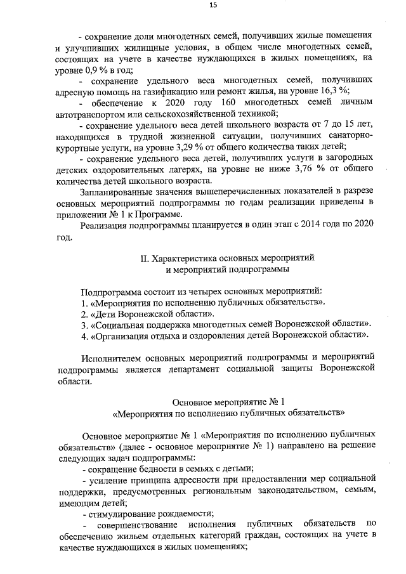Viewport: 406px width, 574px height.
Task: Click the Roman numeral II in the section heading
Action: click(143, 259)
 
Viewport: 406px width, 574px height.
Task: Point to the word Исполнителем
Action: click(113, 357)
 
